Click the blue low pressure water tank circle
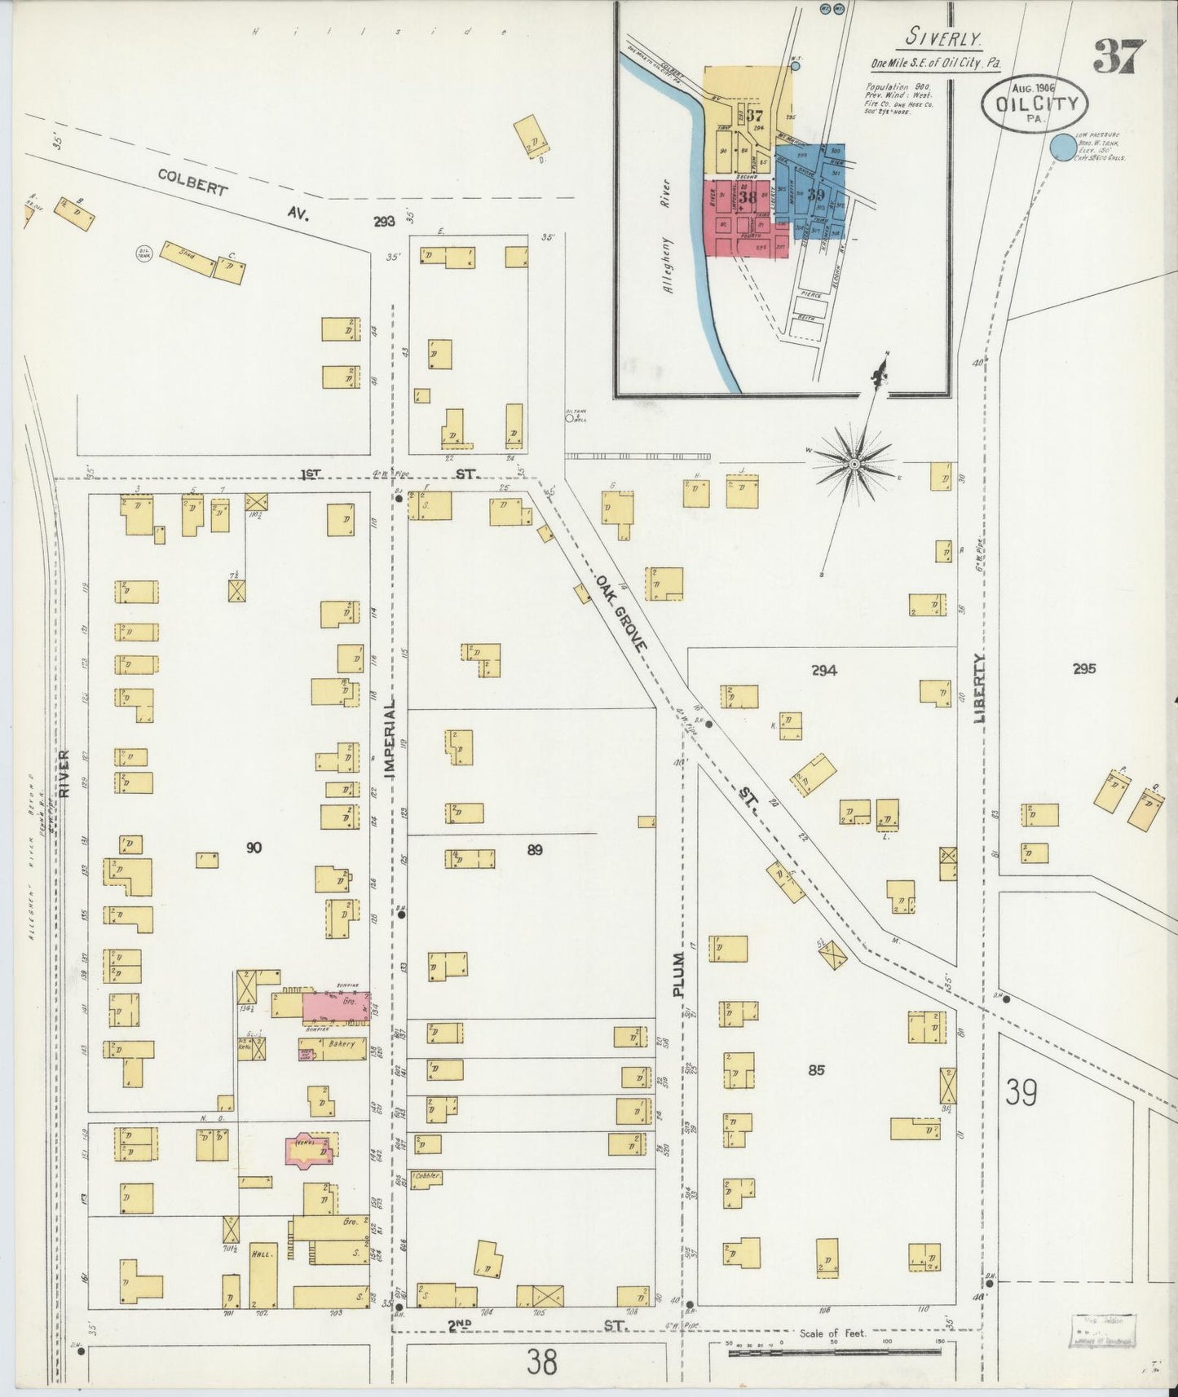[1061, 148]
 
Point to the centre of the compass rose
[854, 464]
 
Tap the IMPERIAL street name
[389, 740]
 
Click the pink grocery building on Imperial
[336, 1007]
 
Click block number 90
[254, 848]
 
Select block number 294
[824, 671]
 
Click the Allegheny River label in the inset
[668, 236]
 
